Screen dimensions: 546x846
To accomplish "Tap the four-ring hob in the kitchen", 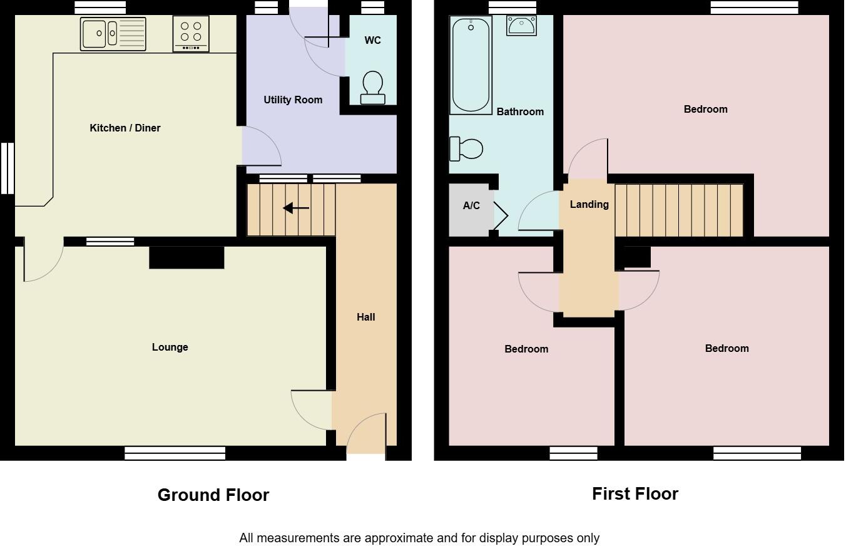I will [x=191, y=34].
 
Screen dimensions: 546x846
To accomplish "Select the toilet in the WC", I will [x=373, y=87].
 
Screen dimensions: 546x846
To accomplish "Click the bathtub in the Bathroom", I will [x=471, y=64].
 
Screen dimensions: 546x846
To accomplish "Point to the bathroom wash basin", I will [x=521, y=26].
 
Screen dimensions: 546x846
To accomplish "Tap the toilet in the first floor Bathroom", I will [x=466, y=148].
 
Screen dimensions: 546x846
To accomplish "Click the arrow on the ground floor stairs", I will [x=296, y=209].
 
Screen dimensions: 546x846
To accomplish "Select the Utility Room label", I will [x=293, y=100].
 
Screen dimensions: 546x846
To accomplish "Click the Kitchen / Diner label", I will [x=125, y=128].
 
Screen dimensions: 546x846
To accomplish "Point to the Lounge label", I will [x=170, y=347].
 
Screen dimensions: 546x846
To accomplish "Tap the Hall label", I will [x=366, y=317].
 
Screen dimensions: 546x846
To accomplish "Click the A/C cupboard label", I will [x=471, y=205].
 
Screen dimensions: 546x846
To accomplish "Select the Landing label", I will [x=589, y=204].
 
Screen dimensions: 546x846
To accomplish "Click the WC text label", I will [x=372, y=40].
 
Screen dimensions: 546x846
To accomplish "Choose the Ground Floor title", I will [x=213, y=495].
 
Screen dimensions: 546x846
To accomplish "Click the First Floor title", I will [x=634, y=493].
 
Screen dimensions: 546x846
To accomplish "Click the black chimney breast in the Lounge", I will [x=186, y=257].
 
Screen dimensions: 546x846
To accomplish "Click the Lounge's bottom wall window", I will [x=175, y=453].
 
